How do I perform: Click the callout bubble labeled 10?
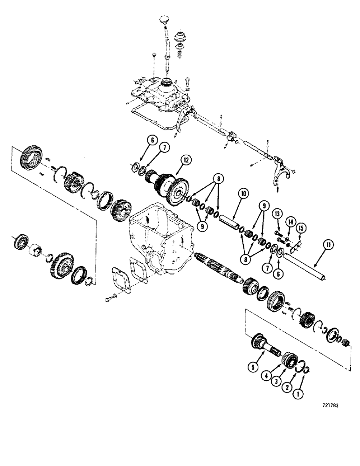pyautogui.click(x=242, y=192)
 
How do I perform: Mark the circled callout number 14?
pyautogui.click(x=290, y=221)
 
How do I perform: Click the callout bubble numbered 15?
pyautogui.click(x=301, y=227)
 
